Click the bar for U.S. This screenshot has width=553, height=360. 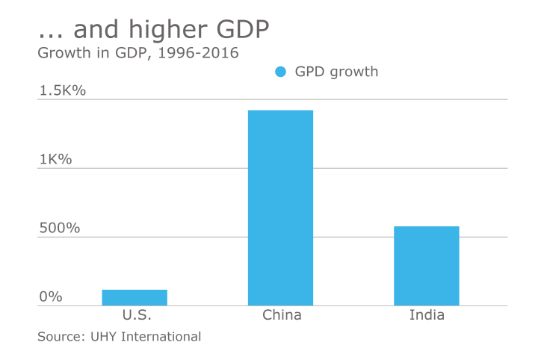(135, 297)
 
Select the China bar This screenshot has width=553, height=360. (280, 208)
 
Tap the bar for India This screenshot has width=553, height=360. (427, 265)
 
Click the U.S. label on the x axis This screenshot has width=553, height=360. (135, 315)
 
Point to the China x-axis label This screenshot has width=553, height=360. (282, 315)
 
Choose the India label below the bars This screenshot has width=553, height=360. (427, 315)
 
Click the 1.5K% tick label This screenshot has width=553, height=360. (64, 90)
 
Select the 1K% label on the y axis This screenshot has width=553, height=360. (55, 159)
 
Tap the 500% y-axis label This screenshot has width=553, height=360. (59, 228)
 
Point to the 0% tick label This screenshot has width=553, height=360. (51, 297)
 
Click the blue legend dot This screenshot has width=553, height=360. (281, 72)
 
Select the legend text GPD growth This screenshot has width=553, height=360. (336, 72)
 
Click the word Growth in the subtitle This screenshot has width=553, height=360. (63, 53)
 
